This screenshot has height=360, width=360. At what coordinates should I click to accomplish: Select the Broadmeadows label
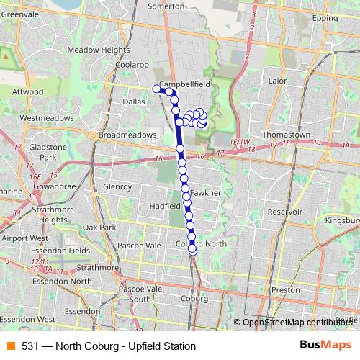[127, 135]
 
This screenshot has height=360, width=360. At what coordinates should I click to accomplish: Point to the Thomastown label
[286, 135]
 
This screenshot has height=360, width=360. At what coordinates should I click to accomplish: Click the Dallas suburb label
[133, 102]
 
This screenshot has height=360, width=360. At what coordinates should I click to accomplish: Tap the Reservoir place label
[284, 212]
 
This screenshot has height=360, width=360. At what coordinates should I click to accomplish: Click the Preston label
[286, 289]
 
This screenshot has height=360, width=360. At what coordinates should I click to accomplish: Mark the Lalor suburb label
[277, 81]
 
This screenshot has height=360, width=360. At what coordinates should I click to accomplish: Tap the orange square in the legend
[10, 346]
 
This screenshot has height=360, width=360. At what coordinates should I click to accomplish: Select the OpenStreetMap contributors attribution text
[296, 322]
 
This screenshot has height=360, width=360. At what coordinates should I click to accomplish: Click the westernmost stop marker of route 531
[156, 89]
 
